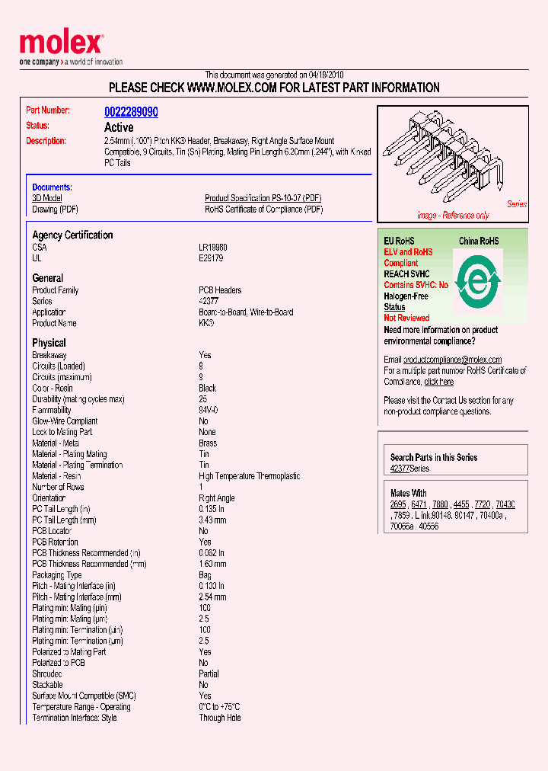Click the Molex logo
coord(61,44)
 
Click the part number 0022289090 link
coord(131,112)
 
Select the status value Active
coord(119,127)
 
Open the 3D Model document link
coord(46,198)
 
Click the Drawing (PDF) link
coord(55,210)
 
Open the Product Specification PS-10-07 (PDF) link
coord(263,198)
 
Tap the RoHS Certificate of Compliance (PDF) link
coord(263,210)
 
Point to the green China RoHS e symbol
coord(477,283)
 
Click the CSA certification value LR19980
coord(213,248)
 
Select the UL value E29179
coord(211,258)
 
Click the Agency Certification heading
coord(72,235)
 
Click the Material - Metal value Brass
coord(208,443)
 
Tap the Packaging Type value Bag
coord(205,575)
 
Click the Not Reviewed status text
coord(406,318)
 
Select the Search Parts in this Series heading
coord(434,457)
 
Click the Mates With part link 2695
coord(398,504)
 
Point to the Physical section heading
coord(49,343)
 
